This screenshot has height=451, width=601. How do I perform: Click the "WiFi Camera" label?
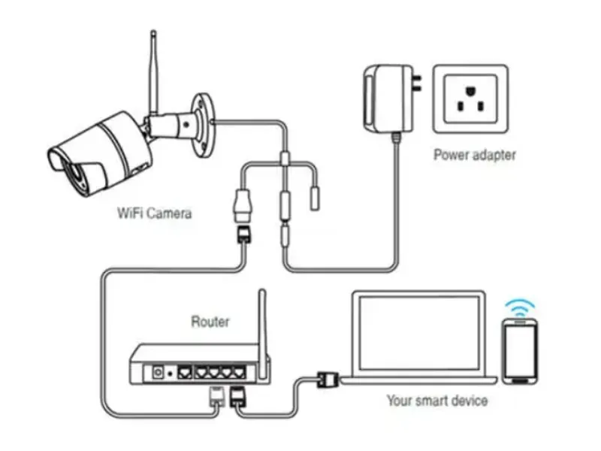tap(155, 213)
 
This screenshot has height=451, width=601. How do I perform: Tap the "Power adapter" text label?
tap(474, 156)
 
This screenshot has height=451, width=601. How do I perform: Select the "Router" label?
tap(210, 322)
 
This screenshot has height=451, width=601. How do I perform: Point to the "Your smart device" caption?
tap(436, 401)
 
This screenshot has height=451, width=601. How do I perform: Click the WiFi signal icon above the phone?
tap(520, 307)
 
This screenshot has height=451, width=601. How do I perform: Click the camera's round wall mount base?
tap(202, 124)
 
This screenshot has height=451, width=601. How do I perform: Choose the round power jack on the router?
tap(159, 371)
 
